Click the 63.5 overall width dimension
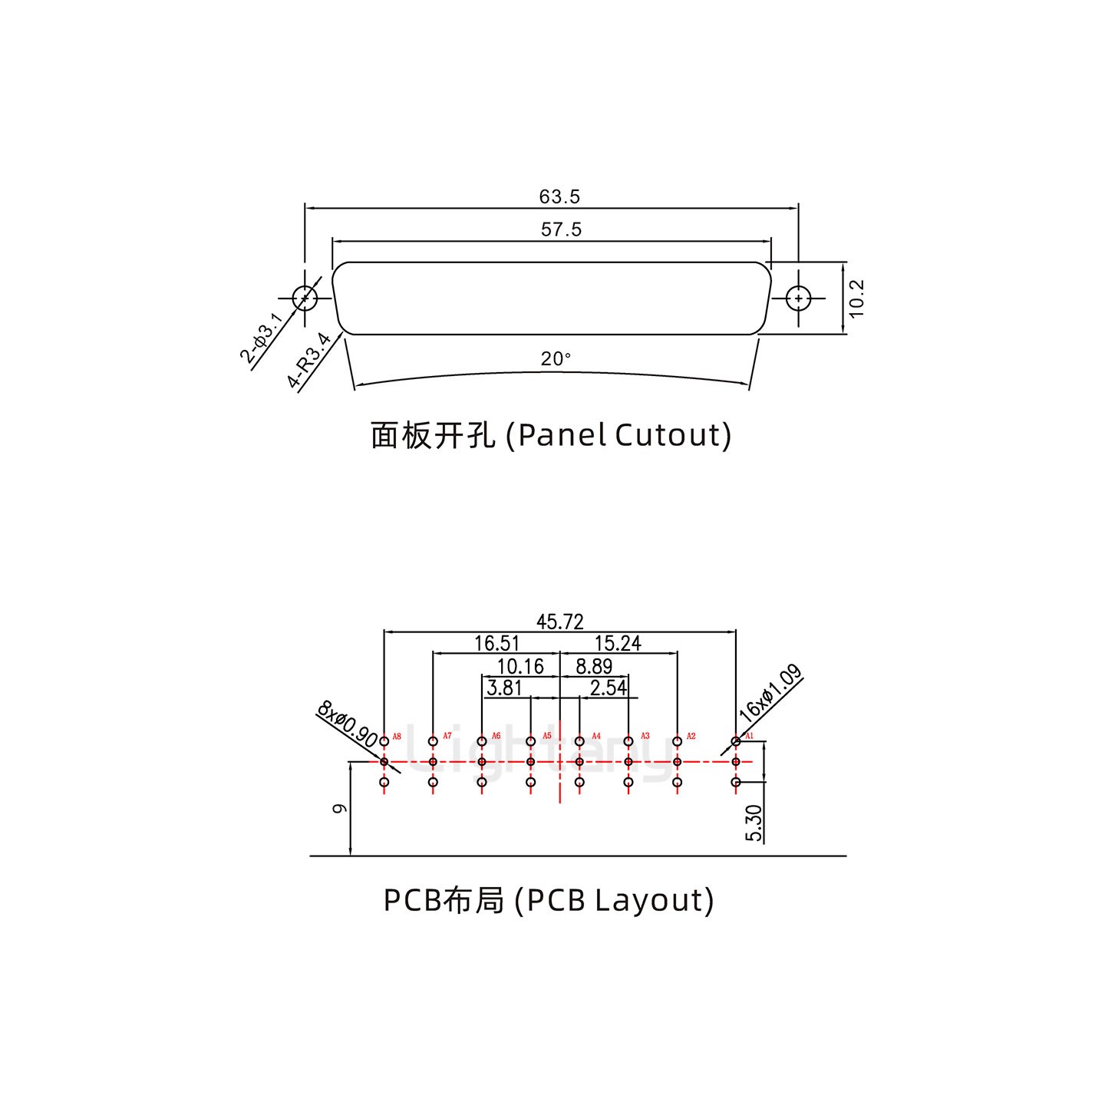(559, 196)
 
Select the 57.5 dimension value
(561, 229)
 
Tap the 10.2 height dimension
(857, 298)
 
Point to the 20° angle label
(556, 358)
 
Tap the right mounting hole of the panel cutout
(799, 298)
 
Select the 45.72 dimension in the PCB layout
(559, 622)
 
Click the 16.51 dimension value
(496, 643)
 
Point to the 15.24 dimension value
(618, 643)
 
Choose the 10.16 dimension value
(520, 666)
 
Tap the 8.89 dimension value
(594, 666)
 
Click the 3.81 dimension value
(504, 688)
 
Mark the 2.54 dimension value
(609, 688)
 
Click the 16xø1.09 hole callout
(770, 693)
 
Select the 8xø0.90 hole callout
(347, 723)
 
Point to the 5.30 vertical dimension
(754, 822)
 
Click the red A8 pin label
(397, 737)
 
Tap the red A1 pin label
(750, 737)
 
